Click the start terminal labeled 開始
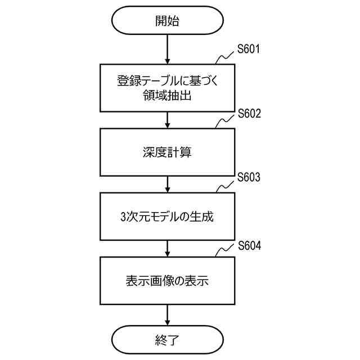168,21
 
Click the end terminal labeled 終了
168,339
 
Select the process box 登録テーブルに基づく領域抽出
168,88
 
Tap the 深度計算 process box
168,152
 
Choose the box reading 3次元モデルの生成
168,216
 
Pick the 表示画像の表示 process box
168,280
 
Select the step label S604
249,245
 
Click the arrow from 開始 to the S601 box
168,49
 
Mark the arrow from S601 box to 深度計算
168,119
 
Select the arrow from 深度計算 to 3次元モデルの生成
168,184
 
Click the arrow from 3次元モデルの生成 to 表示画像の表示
168,248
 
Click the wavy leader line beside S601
226,56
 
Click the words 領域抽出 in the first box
168,96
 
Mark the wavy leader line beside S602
226,121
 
